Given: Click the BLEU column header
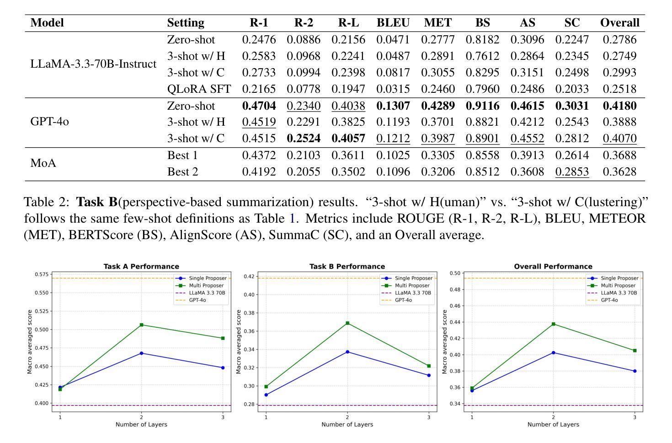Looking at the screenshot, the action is [x=393, y=23].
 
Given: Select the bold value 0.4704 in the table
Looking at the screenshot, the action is [x=259, y=106].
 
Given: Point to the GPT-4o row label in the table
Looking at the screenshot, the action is [x=49, y=122].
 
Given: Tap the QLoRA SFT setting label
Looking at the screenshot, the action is [x=199, y=89].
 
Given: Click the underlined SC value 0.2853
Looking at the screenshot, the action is [x=572, y=171].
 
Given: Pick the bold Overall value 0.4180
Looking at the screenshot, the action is [x=619, y=106].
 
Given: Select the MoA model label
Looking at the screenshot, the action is [x=43, y=163].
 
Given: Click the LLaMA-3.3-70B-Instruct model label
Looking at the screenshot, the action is [x=93, y=64].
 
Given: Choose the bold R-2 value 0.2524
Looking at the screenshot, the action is [x=304, y=138].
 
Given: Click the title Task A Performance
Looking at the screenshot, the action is [x=141, y=267].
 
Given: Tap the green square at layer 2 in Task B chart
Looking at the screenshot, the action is [x=347, y=323].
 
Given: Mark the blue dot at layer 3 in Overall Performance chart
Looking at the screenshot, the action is [x=635, y=371].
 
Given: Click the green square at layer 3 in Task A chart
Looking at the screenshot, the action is [x=223, y=338].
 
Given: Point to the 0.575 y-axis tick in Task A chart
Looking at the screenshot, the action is [x=42, y=274].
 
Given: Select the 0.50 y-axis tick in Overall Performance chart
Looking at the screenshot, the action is [x=455, y=273].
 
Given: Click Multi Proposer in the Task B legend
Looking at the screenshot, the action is [x=412, y=286].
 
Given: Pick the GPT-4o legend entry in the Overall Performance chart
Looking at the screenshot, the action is [x=609, y=300].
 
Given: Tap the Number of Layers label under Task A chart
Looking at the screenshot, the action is [x=141, y=424].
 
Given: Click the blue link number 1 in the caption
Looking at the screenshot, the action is [x=292, y=219].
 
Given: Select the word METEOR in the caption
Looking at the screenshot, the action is [x=617, y=219].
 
